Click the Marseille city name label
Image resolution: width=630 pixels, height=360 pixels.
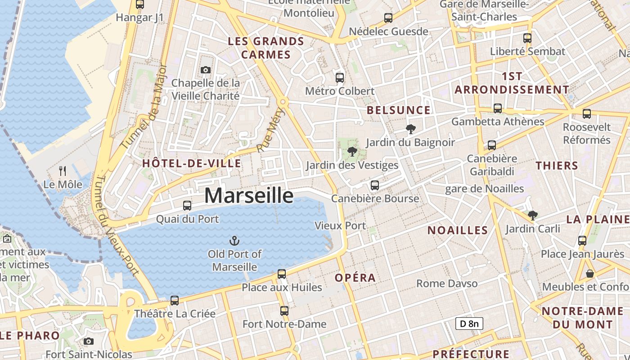click(x=249, y=196)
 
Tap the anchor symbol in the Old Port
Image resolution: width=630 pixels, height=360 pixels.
click(x=234, y=241)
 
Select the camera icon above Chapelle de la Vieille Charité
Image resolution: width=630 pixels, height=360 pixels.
click(x=206, y=70)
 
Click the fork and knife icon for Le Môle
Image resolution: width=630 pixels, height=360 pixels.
click(x=63, y=171)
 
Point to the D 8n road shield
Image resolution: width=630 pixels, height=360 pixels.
click(x=469, y=324)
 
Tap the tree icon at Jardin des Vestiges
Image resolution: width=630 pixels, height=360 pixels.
click(x=352, y=152)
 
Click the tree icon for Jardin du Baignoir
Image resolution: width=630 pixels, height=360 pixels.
click(x=410, y=129)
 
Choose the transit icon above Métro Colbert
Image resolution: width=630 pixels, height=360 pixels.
click(x=340, y=77)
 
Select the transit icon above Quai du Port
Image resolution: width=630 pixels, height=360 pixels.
click(x=187, y=206)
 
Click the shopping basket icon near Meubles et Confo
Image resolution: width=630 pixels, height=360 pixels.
click(x=589, y=273)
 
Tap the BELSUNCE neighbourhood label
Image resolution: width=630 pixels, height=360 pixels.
click(x=398, y=110)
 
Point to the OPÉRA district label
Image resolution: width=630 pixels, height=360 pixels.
click(x=355, y=278)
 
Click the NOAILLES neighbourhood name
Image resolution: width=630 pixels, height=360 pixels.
click(x=458, y=230)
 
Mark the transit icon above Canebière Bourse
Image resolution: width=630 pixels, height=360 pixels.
click(x=374, y=185)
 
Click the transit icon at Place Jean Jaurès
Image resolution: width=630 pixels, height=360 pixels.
click(x=582, y=240)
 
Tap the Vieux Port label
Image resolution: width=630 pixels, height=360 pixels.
click(x=341, y=225)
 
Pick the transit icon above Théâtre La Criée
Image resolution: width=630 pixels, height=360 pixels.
click(x=175, y=300)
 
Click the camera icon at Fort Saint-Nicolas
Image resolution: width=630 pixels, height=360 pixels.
click(x=89, y=342)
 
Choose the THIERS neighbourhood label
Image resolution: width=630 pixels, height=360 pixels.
click(x=557, y=166)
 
